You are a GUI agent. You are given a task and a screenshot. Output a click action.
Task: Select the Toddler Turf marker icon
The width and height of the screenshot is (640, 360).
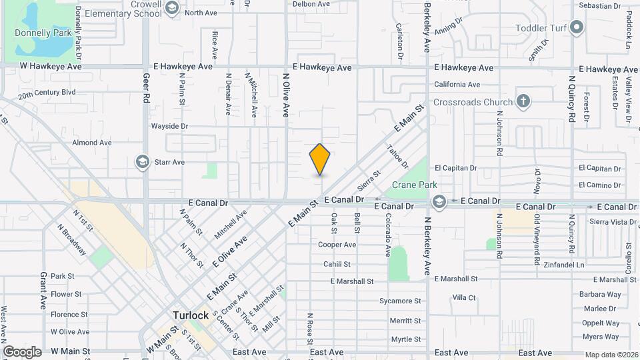[577, 28]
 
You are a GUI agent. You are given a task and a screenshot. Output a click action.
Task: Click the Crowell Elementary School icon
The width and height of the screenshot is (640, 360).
[172, 8]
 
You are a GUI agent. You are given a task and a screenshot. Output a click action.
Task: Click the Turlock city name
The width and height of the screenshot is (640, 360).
[191, 315]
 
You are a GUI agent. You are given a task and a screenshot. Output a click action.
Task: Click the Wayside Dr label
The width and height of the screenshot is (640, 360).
[169, 125]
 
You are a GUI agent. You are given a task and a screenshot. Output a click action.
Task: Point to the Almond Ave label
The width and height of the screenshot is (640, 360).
[92, 143]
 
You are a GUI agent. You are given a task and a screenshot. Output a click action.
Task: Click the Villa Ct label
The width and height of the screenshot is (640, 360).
[464, 297]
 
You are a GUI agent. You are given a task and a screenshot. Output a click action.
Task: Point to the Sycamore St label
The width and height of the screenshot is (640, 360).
[400, 301]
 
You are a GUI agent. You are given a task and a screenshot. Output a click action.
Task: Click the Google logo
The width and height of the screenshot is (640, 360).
[22, 351]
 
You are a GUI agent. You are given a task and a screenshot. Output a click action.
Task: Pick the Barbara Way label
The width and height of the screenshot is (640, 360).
[600, 294]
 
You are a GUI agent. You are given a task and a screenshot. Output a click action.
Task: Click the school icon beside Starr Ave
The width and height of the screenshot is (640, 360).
[142, 162]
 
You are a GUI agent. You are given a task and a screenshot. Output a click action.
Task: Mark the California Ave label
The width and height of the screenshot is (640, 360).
[457, 85]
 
